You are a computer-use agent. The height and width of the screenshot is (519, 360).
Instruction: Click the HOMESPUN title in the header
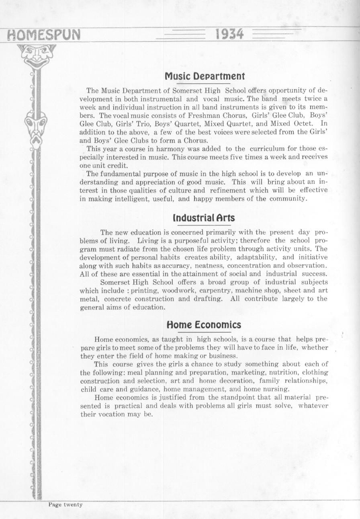(x=41, y=35)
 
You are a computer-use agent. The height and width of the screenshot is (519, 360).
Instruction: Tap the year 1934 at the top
(x=229, y=35)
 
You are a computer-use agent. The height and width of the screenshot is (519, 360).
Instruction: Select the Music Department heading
(x=205, y=76)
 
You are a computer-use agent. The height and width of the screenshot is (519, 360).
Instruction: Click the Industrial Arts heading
(x=203, y=218)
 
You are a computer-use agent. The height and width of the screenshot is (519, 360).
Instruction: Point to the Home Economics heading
(x=204, y=324)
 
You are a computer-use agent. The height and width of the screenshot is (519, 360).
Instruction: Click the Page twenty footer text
(x=65, y=505)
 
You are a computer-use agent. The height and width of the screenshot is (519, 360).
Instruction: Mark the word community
(x=287, y=199)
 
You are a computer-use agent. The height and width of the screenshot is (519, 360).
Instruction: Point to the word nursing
(x=277, y=389)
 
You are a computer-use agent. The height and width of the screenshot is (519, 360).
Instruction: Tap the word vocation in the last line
(x=113, y=414)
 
